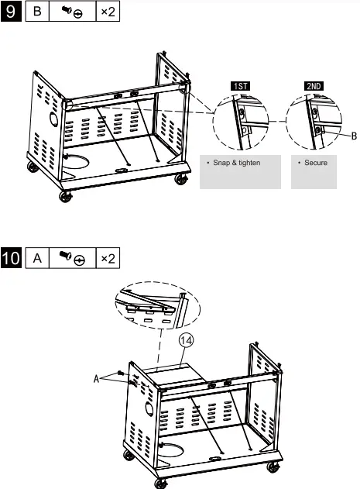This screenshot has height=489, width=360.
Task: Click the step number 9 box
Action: tap(12, 14)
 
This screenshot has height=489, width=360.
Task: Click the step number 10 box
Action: tap(13, 258)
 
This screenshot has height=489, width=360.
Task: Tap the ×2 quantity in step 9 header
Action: tap(108, 14)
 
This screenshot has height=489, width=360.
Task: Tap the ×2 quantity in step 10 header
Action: tap(108, 258)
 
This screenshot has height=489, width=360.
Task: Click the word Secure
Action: tap(314, 163)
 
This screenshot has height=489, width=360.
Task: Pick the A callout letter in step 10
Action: tap(98, 379)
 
